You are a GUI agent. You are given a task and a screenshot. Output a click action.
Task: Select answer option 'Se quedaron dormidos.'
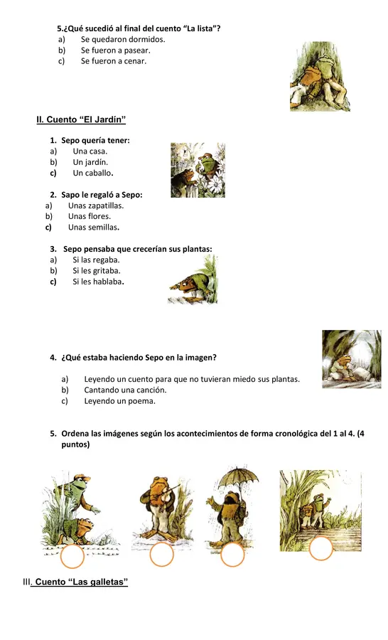tap(123, 40)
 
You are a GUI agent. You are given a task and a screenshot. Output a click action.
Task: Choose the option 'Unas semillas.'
tap(94, 228)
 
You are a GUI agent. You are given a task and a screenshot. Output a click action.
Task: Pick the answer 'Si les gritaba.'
tap(97, 270)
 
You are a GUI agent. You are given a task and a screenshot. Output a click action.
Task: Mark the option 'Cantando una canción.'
tap(125, 390)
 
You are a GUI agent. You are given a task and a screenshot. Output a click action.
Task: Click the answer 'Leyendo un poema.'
tap(119, 401)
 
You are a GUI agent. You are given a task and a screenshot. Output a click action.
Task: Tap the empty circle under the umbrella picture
tap(232, 555)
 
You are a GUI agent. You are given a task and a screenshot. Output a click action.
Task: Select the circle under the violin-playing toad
tap(162, 555)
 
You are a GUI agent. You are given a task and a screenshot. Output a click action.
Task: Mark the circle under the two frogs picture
tap(72, 557)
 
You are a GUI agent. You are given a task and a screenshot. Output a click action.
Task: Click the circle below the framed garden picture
tap(321, 548)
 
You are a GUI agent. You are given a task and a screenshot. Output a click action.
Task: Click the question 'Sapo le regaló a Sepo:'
tap(102, 195)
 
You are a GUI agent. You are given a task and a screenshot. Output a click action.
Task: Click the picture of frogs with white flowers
tap(198, 170)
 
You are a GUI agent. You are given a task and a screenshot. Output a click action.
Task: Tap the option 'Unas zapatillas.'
tap(96, 206)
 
